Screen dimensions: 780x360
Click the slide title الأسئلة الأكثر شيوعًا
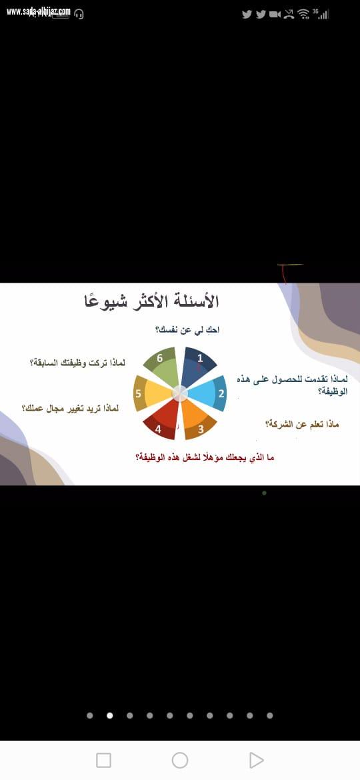151,301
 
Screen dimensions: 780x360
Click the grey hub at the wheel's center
180,393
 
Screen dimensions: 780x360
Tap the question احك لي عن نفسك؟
187,330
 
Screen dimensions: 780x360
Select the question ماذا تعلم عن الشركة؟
302,424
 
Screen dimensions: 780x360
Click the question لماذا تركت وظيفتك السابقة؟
77,363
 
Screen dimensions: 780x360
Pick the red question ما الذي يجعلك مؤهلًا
205,457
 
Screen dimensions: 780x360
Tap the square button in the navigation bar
103,760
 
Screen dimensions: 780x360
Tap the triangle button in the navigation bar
256,760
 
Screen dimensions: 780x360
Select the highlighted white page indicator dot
110,715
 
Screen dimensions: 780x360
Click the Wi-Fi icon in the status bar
303,14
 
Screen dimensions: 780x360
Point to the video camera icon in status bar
275,14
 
